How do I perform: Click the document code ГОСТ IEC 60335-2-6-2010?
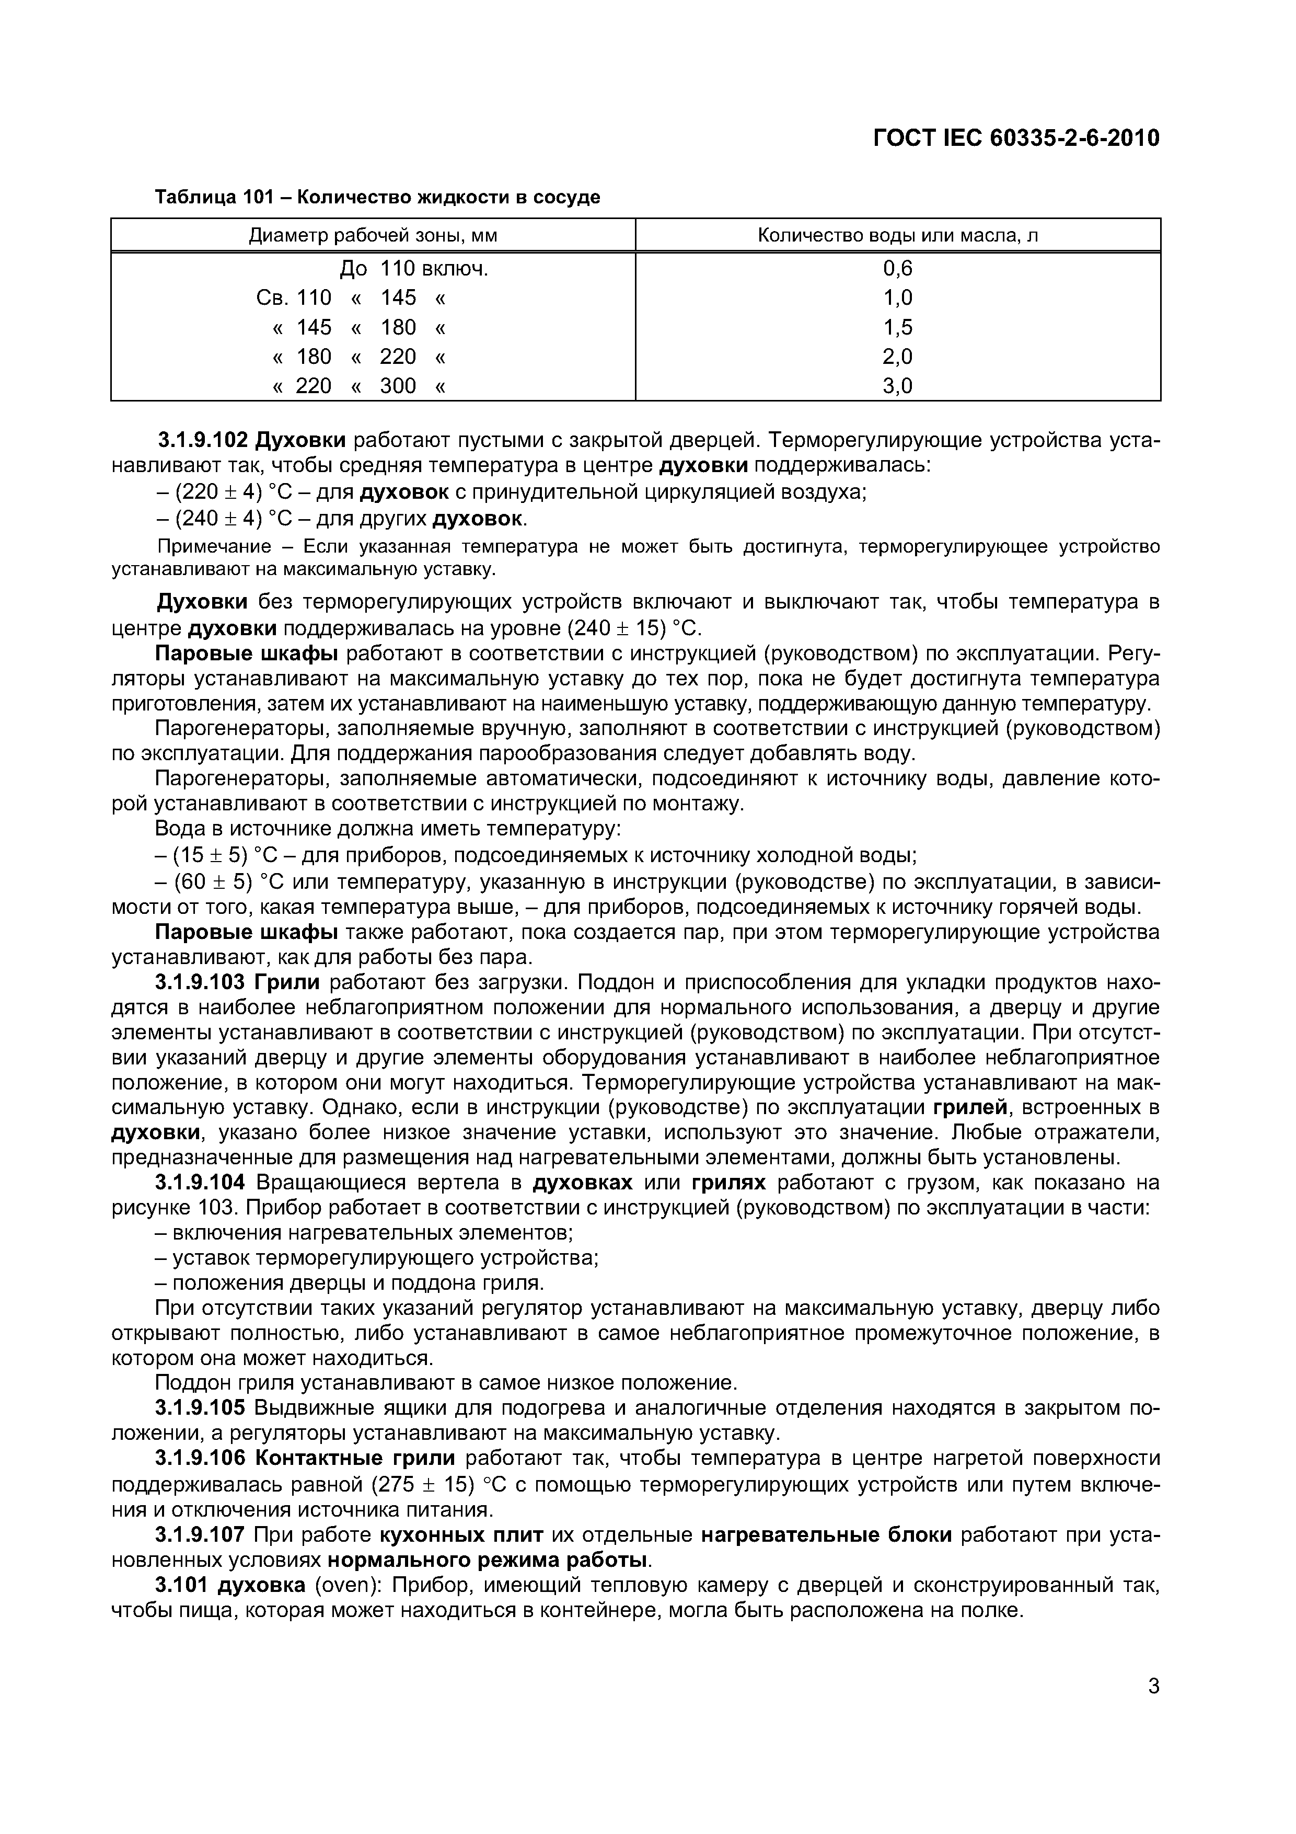click(x=1016, y=139)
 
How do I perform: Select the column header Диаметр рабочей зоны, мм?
click(x=373, y=236)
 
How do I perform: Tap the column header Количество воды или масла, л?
click(x=898, y=236)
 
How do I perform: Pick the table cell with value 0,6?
click(x=898, y=268)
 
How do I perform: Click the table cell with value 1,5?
click(x=898, y=327)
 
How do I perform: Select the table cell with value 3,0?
click(x=898, y=386)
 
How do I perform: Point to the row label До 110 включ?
click(x=414, y=268)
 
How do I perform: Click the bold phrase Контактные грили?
click(x=355, y=1459)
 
